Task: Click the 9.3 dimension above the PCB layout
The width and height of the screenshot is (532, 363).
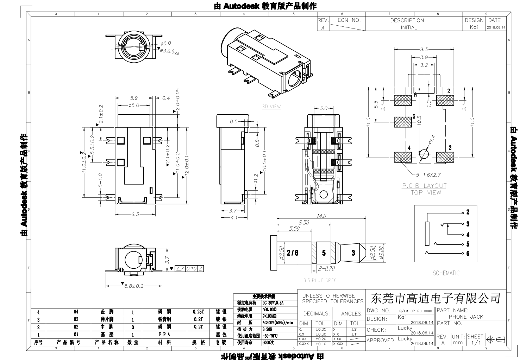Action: tap(424, 50)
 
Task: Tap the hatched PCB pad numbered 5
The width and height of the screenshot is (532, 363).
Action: tap(402, 122)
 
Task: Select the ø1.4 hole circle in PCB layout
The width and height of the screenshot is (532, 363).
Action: tap(424, 154)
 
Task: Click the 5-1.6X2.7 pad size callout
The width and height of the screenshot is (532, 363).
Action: tap(429, 174)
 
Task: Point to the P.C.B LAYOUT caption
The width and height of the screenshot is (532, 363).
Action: tap(424, 185)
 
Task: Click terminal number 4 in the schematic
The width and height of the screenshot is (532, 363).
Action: tap(468, 235)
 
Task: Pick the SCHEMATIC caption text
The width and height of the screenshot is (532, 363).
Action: tap(446, 273)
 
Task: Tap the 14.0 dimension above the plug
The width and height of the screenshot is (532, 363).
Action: tap(321, 216)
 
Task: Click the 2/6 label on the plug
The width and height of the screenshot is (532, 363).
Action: tap(293, 253)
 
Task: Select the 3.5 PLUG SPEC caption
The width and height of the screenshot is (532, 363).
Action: tap(320, 280)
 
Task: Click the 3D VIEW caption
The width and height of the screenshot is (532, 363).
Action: tap(271, 107)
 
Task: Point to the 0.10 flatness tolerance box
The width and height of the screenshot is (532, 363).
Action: tap(191, 269)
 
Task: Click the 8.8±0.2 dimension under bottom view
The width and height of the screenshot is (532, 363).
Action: tap(134, 286)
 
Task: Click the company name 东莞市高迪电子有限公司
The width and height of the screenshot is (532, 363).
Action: tap(436, 299)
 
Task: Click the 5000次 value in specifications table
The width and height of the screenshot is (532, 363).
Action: tap(268, 342)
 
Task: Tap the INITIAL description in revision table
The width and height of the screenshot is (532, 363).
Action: tap(409, 27)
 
